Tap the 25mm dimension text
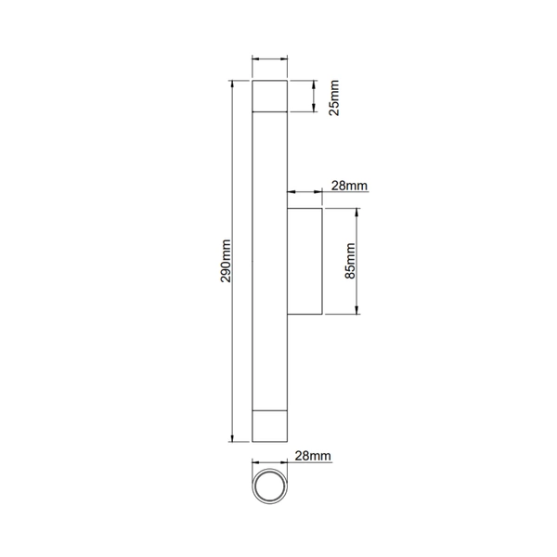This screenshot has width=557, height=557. [334, 97]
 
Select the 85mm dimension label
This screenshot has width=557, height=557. [350, 261]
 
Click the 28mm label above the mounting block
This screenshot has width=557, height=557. [350, 186]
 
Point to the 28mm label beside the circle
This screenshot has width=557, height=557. [313, 456]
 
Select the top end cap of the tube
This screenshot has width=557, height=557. [270, 97]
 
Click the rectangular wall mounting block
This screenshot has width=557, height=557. [304, 262]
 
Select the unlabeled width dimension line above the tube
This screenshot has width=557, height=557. [270, 61]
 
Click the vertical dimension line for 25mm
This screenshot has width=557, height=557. [313, 97]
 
